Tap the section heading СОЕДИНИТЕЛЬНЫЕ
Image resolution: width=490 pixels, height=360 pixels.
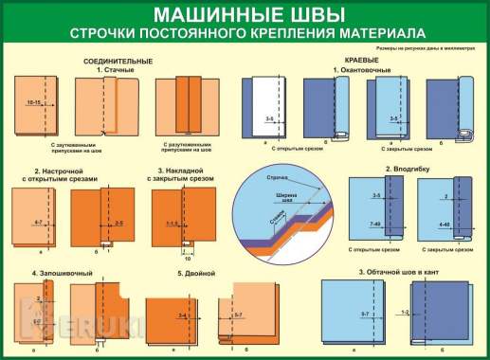click(118, 59)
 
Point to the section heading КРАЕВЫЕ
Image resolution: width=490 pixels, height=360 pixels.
click(351, 59)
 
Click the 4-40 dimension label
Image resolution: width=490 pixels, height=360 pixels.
click(445, 224)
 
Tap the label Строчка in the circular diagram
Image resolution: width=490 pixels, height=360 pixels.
click(276, 177)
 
